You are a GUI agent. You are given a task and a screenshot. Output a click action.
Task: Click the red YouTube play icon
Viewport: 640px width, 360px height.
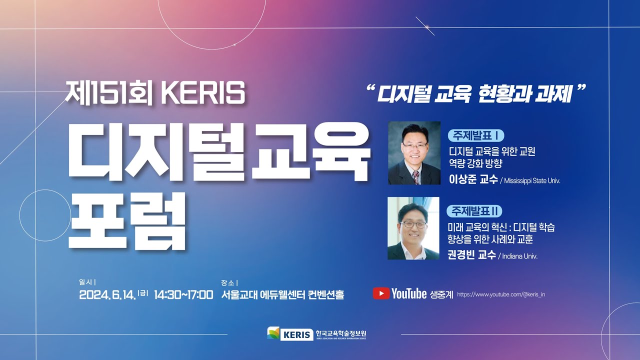[x=381, y=293]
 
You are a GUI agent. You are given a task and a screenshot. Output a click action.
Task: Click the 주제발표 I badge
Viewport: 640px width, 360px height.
[x=476, y=135]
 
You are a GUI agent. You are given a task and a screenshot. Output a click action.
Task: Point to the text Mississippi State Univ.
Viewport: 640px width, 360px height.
[x=532, y=180]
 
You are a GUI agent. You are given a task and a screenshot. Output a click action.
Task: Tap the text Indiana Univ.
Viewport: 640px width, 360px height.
[x=519, y=256]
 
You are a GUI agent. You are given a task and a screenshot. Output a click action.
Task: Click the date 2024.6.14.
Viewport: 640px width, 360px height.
[x=107, y=294]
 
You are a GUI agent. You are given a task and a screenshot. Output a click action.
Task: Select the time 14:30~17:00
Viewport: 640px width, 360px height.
[x=183, y=294]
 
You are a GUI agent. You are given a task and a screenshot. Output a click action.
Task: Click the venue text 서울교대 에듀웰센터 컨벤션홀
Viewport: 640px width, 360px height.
[x=282, y=294]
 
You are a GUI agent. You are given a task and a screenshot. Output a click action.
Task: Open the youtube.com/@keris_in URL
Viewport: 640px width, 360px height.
[x=501, y=294]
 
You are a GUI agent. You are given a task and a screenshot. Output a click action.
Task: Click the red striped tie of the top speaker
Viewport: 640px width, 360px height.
[x=415, y=177]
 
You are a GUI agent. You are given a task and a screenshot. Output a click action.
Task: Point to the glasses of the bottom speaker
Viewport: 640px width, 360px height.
[x=413, y=224]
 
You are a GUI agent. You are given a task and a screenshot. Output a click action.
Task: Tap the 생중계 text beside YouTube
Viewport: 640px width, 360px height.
[x=441, y=294]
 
